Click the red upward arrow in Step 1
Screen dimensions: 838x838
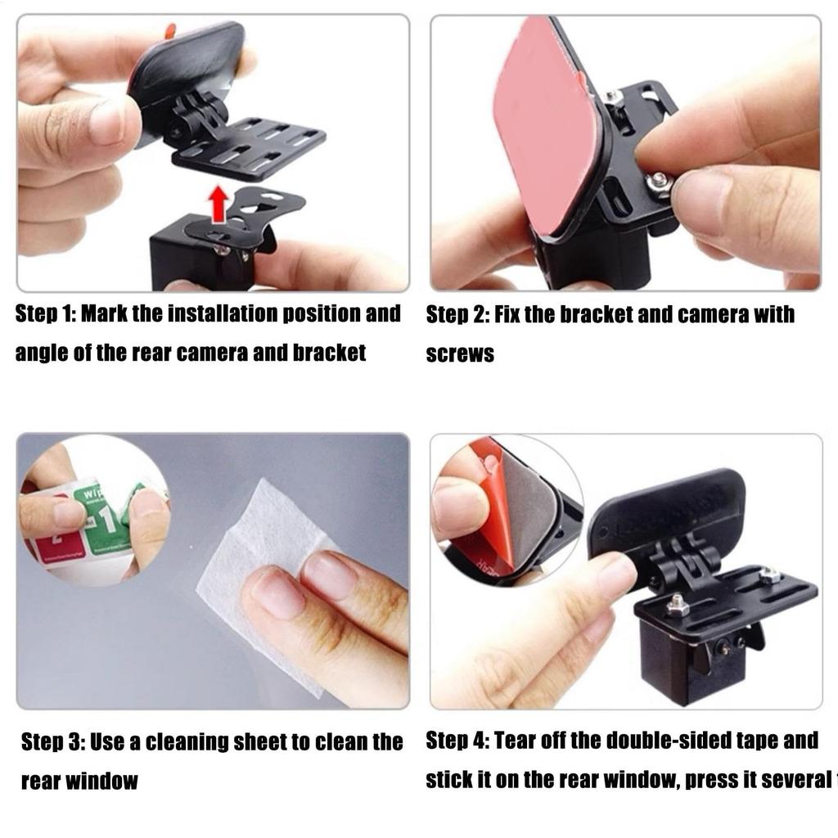click(217, 204)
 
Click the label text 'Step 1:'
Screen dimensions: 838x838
click(45, 314)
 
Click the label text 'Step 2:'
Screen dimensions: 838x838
click(456, 315)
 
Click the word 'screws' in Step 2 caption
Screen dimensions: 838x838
click(460, 354)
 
